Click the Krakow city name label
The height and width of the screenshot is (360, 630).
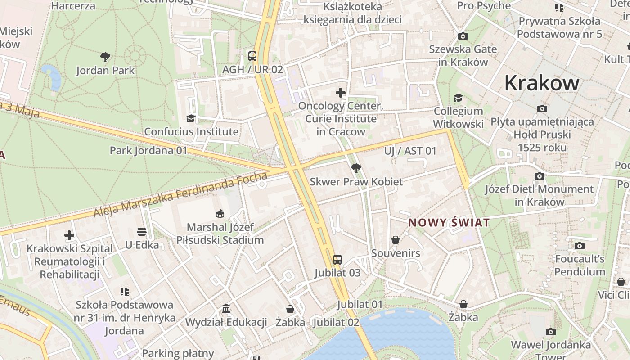tap(542, 83)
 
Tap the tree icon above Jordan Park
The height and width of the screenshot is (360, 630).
tap(105, 57)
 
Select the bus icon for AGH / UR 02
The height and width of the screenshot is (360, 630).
tap(252, 56)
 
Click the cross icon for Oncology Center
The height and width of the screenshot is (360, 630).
tap(341, 93)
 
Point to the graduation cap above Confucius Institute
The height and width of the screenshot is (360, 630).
tap(191, 118)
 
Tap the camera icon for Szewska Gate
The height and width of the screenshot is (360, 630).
tap(463, 36)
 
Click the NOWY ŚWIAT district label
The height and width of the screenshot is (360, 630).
tap(449, 223)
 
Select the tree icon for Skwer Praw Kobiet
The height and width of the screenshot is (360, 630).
tap(356, 168)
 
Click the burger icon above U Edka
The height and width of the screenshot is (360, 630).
tap(142, 232)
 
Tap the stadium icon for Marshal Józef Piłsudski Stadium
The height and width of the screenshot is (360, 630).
tap(220, 213)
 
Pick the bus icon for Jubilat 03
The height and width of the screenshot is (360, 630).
tap(337, 260)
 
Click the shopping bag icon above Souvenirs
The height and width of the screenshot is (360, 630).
tap(396, 240)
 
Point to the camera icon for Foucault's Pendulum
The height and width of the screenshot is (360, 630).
tap(580, 246)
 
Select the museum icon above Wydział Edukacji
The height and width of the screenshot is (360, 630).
tap(226, 309)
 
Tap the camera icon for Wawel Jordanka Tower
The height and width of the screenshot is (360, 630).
tap(550, 332)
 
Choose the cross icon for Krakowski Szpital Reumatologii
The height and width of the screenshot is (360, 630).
tap(69, 235)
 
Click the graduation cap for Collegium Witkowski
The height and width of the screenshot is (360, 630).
tap(458, 98)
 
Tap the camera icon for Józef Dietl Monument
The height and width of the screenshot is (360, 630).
tap(539, 176)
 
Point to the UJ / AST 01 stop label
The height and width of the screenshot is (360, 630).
tap(410, 151)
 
